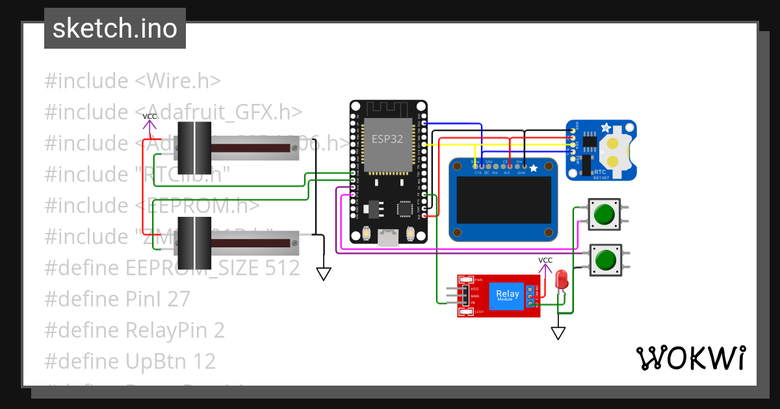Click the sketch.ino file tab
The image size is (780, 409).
click(115, 29)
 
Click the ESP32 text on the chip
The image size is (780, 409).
click(387, 138)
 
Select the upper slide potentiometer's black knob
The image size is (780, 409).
click(194, 147)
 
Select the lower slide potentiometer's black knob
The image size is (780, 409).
click(194, 243)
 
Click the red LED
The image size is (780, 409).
click(562, 280)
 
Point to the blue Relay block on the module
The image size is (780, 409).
click(507, 295)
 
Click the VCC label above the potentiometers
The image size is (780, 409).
click(149, 116)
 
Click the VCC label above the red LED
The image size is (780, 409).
click(545, 260)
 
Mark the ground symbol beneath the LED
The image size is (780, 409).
click(558, 333)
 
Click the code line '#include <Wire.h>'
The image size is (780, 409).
click(133, 81)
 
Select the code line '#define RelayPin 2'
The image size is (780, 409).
click(135, 330)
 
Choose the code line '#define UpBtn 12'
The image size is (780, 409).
click(130, 361)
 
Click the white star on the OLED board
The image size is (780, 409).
click(534, 169)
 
